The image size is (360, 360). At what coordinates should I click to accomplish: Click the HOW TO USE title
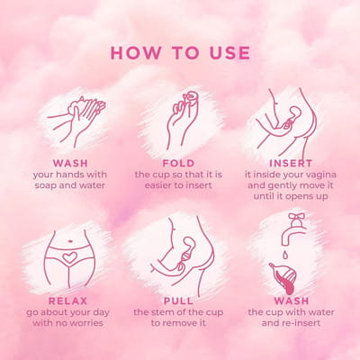point(180,53)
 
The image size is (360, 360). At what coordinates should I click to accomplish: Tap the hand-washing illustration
point(77,121)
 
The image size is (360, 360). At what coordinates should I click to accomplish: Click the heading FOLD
point(178,164)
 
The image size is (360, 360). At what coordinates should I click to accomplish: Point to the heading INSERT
point(291,164)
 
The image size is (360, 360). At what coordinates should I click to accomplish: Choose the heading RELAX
point(67,301)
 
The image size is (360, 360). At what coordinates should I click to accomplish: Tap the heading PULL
point(178,301)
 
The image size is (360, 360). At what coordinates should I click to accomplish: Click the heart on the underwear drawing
point(69,257)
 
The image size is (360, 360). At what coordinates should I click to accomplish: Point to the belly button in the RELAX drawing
point(71,240)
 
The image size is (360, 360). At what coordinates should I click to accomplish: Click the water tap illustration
point(292,229)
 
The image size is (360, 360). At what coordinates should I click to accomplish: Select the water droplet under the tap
point(283,255)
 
